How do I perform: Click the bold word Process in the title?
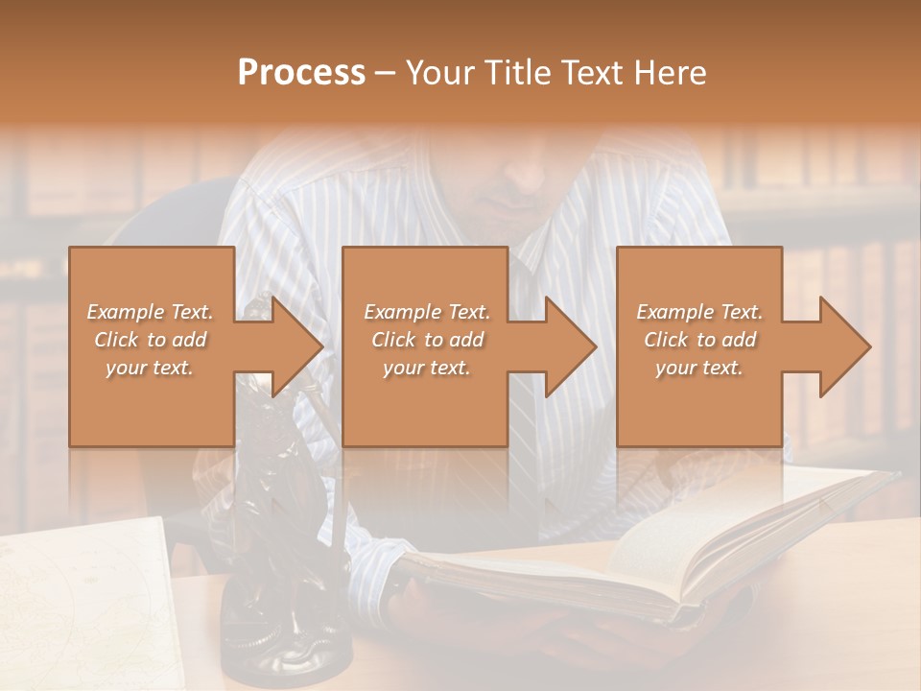[x=301, y=73]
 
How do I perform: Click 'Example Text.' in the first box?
[x=150, y=312]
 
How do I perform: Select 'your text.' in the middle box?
[x=426, y=368]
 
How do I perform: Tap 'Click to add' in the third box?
[x=700, y=340]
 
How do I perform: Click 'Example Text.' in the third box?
[x=699, y=312]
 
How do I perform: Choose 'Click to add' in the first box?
[x=150, y=340]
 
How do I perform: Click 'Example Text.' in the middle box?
[x=427, y=312]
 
